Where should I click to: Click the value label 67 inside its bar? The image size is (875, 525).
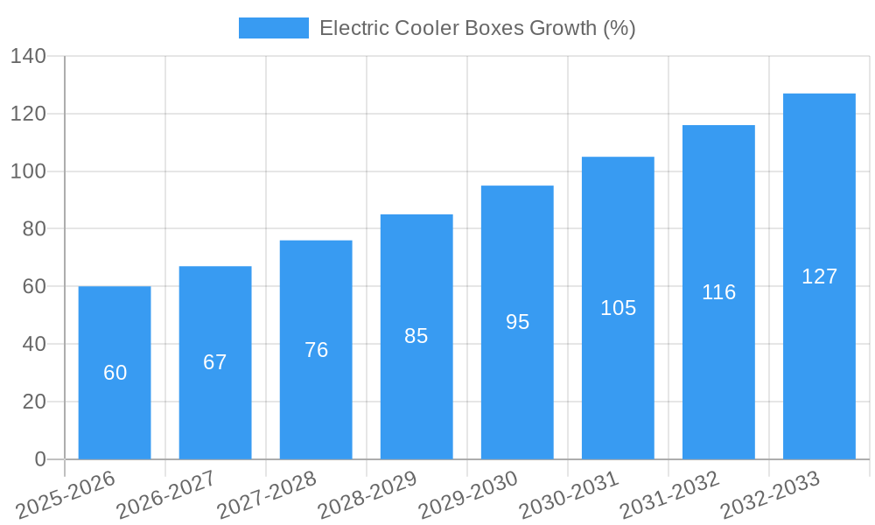[x=215, y=362]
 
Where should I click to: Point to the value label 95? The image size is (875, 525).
[x=517, y=322]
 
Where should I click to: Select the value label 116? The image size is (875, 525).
[x=718, y=292]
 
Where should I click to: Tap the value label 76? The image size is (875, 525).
[x=316, y=350]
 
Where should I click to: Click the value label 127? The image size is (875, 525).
[x=819, y=276]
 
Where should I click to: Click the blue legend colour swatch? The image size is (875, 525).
[x=274, y=28]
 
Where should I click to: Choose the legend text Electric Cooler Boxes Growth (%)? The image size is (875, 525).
[x=477, y=28]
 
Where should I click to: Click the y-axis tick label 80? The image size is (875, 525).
[x=33, y=229]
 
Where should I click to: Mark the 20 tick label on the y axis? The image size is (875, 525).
[x=33, y=402]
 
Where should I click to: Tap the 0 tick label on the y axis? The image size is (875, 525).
[x=39, y=459]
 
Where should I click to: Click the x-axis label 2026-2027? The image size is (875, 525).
[x=167, y=495]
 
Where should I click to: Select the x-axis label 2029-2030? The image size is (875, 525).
[x=469, y=495]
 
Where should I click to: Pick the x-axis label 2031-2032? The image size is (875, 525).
[x=670, y=495]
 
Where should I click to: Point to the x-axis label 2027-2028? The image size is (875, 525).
[x=268, y=495]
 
